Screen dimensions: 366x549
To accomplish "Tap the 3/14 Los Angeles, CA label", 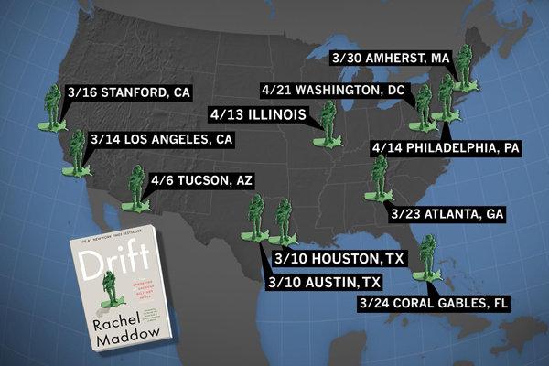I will point(162,139).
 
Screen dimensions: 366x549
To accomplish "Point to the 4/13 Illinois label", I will point(259,116).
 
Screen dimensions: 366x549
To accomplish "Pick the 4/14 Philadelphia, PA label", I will point(446,146).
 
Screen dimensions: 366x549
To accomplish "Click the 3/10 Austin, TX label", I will point(324,281).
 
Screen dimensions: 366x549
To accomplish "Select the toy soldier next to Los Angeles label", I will point(77,153).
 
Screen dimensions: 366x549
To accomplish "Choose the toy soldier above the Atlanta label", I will point(380,177).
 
